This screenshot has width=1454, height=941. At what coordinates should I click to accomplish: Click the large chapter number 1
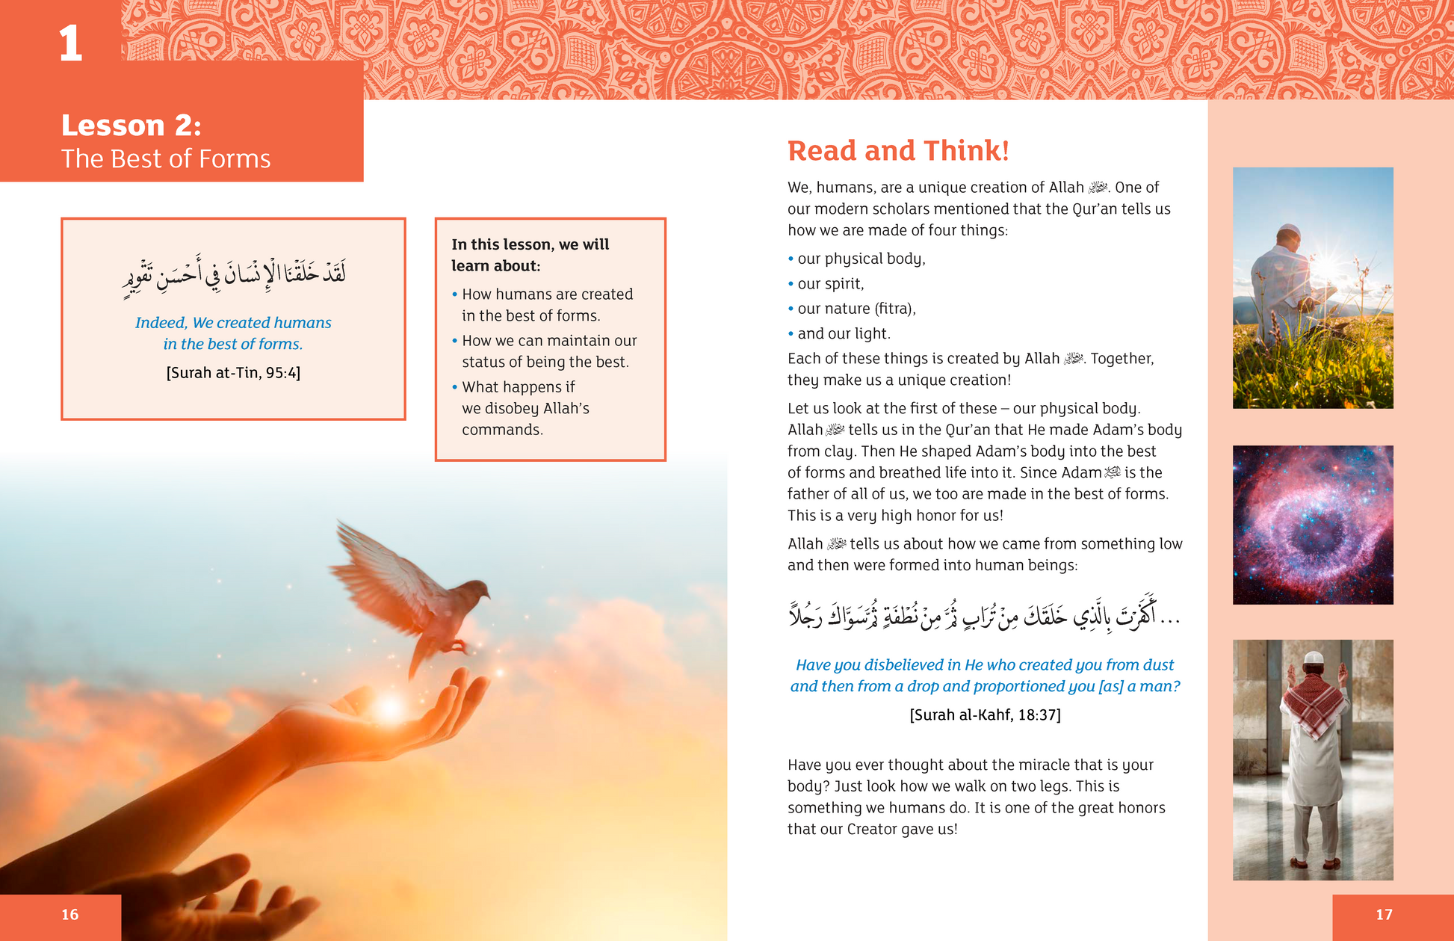[70, 43]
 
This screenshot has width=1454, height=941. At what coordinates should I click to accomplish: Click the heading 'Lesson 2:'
[132, 126]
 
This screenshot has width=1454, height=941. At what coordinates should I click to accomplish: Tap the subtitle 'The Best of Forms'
[166, 159]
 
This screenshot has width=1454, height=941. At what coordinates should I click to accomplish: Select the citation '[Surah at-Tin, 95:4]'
[233, 373]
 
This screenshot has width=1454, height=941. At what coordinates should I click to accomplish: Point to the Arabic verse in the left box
[234, 277]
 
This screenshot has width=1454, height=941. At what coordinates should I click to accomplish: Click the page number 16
[69, 914]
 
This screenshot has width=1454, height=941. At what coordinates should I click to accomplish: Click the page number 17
[1384, 914]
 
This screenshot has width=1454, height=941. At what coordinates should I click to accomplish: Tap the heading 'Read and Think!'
[898, 151]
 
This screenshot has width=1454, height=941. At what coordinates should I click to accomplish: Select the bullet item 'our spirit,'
[830, 284]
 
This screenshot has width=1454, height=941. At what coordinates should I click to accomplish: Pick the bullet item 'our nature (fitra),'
[856, 309]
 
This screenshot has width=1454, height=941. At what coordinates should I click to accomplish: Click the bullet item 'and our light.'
[844, 334]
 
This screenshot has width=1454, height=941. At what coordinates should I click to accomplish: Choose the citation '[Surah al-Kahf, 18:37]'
[985, 715]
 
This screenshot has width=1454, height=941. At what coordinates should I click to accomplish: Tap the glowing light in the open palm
[389, 707]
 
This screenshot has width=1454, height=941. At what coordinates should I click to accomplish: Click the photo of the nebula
[1313, 525]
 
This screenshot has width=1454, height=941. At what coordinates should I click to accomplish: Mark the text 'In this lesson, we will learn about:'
[530, 255]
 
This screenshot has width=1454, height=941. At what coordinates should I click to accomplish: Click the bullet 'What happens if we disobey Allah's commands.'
[525, 408]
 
